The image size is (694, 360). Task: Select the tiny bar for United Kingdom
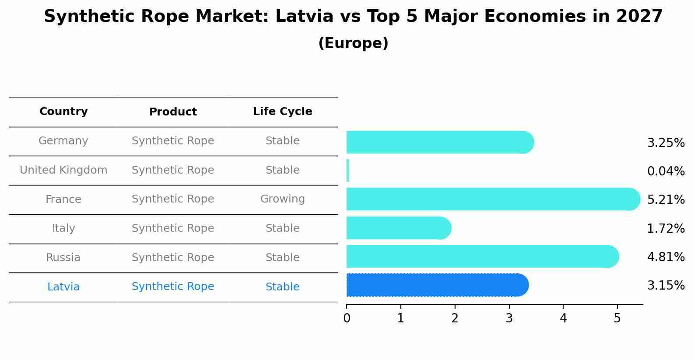point(347,171)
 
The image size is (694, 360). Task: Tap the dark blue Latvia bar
point(437,285)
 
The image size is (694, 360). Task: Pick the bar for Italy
point(398,228)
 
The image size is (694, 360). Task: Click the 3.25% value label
point(666,143)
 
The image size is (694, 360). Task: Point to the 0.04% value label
point(666,171)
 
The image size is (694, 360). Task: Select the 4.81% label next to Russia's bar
point(666,257)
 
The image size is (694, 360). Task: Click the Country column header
point(63,112)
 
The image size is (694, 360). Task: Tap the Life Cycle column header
point(282,112)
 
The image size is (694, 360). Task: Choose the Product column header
point(173,112)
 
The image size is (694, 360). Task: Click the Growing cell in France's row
point(282,199)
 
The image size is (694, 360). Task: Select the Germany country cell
point(63,141)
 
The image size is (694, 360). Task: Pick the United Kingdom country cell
point(63,170)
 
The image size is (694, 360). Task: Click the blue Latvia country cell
point(63,287)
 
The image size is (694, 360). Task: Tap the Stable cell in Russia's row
point(282,258)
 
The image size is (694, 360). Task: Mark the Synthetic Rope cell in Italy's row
point(173,228)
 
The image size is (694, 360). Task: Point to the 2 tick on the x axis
point(455,318)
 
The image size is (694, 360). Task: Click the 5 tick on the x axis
point(617,318)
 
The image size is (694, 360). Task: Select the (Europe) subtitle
point(353,43)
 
